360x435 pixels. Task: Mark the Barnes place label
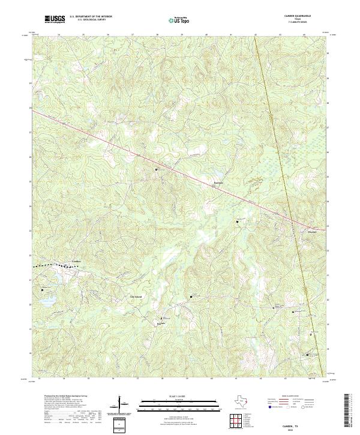pyautogui.click(x=160, y=323)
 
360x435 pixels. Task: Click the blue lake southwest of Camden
pyautogui.click(x=49, y=298)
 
